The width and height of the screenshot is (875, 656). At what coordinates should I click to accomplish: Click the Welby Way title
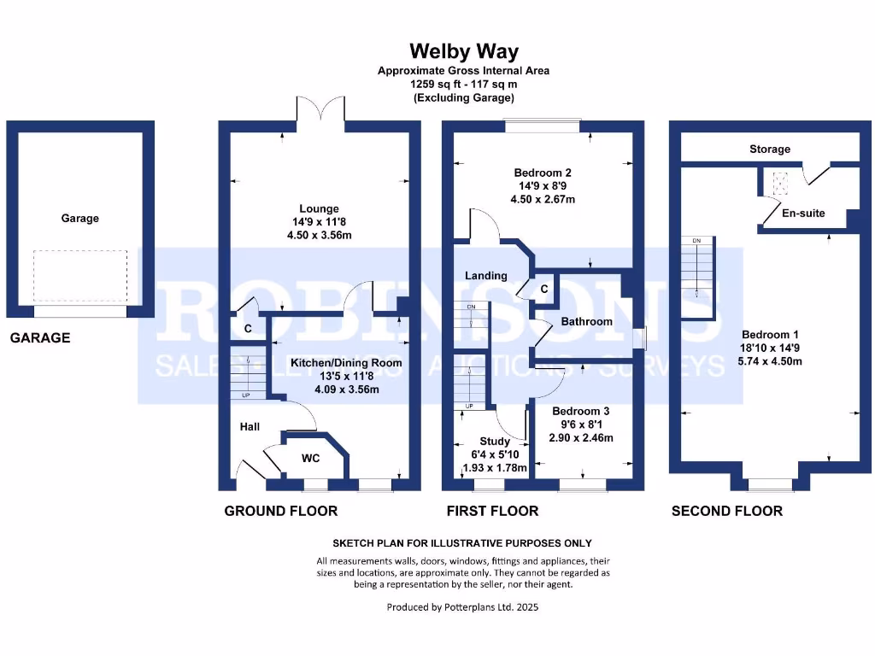tap(463, 52)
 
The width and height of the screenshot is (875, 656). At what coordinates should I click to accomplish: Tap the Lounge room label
tap(319, 208)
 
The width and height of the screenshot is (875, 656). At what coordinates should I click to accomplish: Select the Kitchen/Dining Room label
tap(346, 363)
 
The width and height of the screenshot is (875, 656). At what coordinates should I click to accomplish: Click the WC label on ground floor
tap(310, 459)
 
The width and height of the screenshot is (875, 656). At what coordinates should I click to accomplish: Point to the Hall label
tap(250, 427)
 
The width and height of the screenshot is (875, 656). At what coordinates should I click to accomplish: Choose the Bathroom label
tap(586, 322)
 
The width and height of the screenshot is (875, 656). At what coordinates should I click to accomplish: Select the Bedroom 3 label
tap(581, 411)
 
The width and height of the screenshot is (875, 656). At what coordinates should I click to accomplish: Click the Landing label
tap(486, 276)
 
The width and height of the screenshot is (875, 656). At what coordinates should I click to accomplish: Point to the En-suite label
tap(804, 213)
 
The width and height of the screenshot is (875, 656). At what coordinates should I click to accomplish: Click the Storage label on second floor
tap(770, 149)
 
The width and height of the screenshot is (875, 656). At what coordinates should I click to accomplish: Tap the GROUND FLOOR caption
tap(281, 511)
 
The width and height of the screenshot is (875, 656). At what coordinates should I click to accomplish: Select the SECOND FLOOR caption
tap(727, 511)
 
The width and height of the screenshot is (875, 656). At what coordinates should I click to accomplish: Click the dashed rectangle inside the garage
tap(80, 278)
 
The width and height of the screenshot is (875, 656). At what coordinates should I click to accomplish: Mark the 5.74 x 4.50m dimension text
tap(771, 361)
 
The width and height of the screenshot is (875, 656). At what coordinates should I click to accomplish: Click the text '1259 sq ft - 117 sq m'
tap(463, 85)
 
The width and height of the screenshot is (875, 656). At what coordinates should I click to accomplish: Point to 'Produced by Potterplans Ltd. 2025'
tap(463, 608)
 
